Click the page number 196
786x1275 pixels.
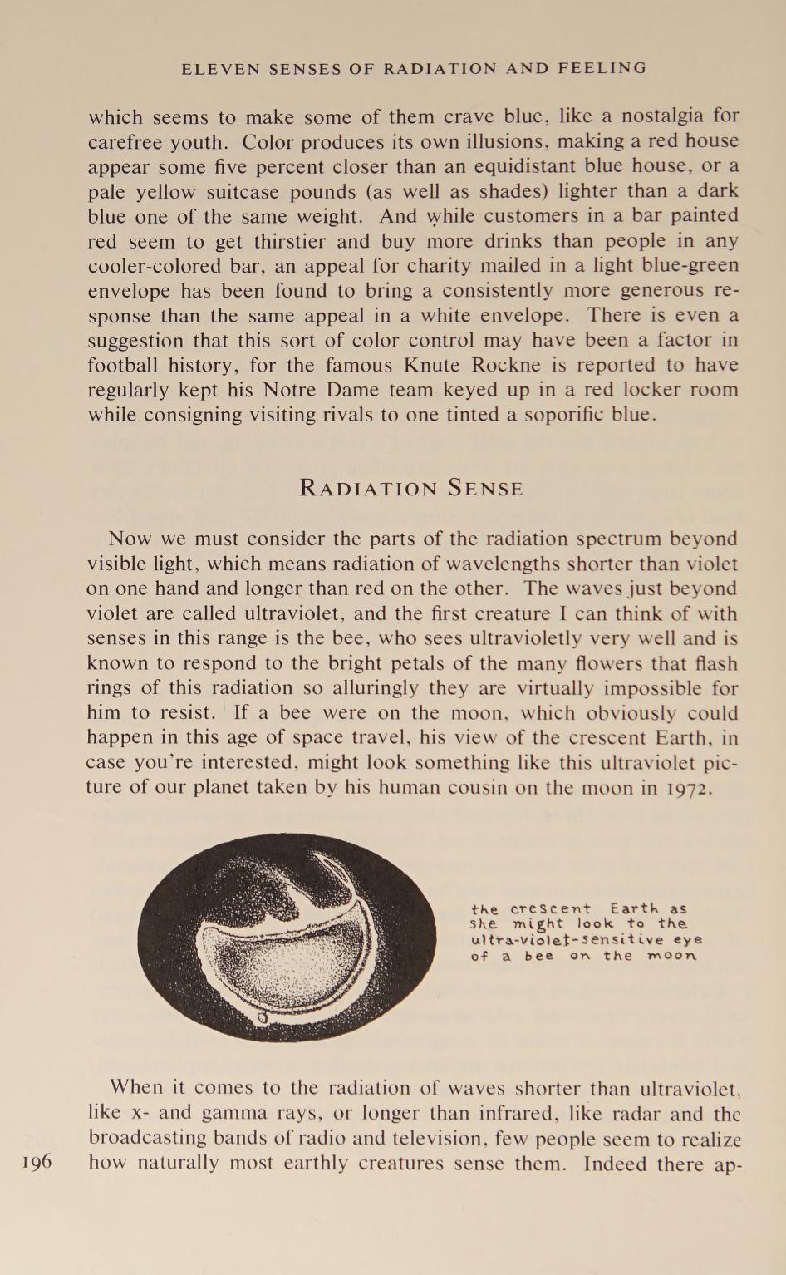[34, 1161]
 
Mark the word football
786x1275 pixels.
[125, 365]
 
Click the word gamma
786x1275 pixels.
[236, 1113]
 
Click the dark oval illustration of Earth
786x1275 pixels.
[287, 937]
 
